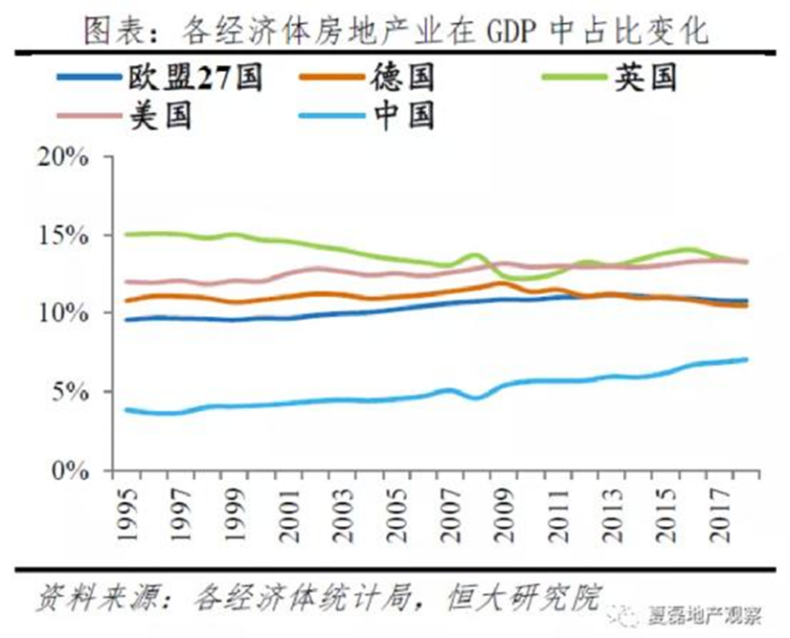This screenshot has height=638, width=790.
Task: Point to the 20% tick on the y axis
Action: pos(66,157)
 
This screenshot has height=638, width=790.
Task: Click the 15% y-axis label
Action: pos(66,235)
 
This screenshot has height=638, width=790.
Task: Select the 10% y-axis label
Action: pos(66,313)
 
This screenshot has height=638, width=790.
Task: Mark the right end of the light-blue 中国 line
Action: pos(746,360)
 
